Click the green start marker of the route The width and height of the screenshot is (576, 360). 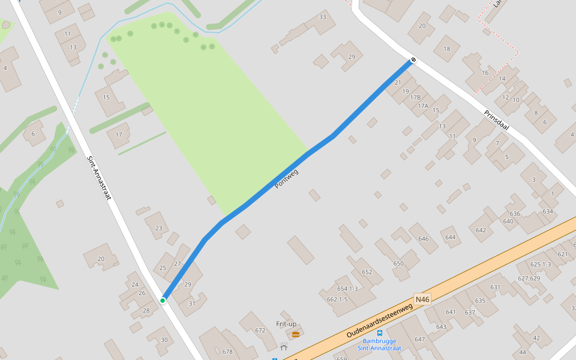[x=163, y=300]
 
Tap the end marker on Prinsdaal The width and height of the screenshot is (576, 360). [x=413, y=60]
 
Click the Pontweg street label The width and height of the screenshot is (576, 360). [x=286, y=179]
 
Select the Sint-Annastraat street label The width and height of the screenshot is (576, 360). [x=100, y=178]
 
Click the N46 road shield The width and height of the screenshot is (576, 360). [x=422, y=299]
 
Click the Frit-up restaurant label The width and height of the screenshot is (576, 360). [x=286, y=324]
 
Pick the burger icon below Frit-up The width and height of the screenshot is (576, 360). [x=295, y=334]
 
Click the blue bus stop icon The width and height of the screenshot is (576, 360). [x=379, y=332]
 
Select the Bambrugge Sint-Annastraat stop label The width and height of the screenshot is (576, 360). [x=379, y=344]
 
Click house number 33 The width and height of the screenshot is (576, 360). [x=323, y=17]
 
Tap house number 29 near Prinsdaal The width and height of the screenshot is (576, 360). [x=352, y=57]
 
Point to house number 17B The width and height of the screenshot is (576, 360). [x=415, y=97]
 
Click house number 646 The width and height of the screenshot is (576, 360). [x=424, y=239]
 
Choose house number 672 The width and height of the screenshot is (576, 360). [x=260, y=331]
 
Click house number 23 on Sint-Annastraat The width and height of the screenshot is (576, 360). [x=158, y=228]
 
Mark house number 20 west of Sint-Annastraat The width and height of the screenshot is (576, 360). [x=101, y=259]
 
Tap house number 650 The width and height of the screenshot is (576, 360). [x=398, y=263]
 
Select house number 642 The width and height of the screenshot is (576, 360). [x=481, y=230]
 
